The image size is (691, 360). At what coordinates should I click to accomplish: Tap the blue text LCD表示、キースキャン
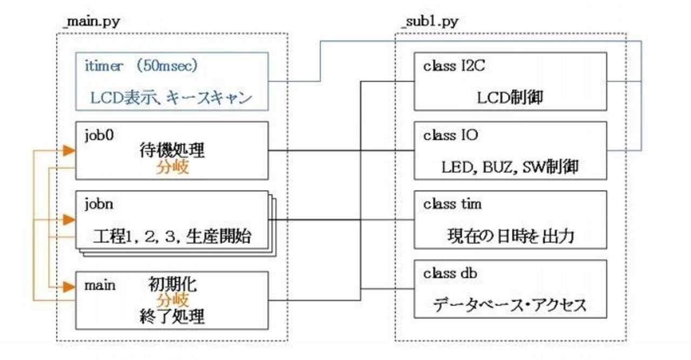click(x=171, y=98)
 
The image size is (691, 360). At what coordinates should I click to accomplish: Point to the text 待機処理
click(x=172, y=152)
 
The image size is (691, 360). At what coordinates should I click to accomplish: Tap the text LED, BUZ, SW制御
click(x=510, y=167)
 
